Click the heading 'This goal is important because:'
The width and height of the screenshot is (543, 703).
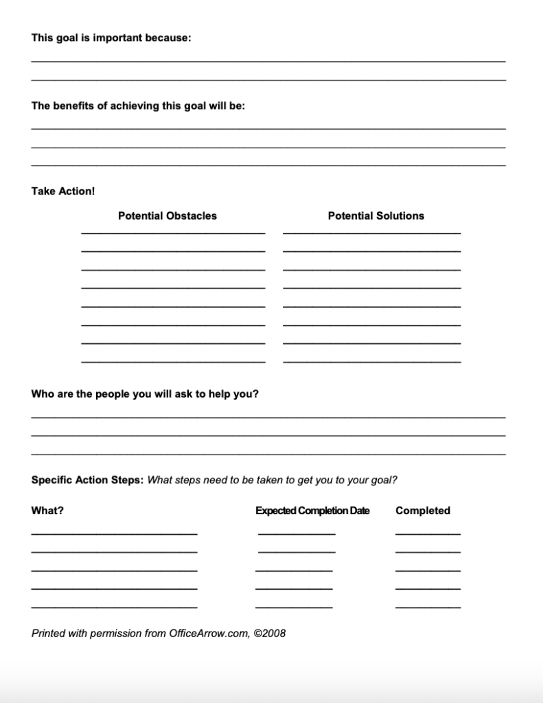point(111,38)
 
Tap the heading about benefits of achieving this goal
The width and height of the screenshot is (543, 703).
point(138,106)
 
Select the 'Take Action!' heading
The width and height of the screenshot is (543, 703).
point(63,191)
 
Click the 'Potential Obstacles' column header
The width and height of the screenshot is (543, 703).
point(167,216)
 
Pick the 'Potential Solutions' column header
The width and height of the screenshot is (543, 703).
point(376,216)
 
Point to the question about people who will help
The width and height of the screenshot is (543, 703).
point(145,394)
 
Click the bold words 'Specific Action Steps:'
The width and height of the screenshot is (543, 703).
point(87,480)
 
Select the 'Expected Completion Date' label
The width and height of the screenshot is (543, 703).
point(312,511)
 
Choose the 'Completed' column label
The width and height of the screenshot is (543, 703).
point(423,511)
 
